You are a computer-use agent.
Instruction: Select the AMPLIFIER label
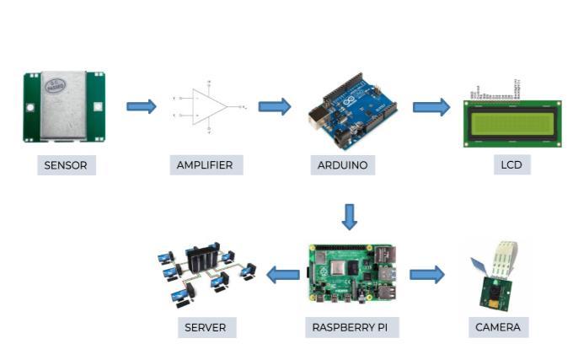(x=206, y=165)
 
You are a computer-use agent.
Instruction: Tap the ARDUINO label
(x=342, y=165)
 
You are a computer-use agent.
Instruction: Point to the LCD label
(x=511, y=165)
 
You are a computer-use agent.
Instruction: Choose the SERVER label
(x=206, y=326)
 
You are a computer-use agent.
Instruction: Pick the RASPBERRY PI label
(x=350, y=326)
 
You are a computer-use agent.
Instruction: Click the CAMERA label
(x=498, y=326)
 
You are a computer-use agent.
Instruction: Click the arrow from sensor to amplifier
(x=142, y=106)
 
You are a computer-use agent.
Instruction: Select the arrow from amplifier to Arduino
(x=274, y=106)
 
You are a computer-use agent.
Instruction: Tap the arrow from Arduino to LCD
(x=431, y=107)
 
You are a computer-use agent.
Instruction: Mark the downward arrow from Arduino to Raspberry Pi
(x=350, y=217)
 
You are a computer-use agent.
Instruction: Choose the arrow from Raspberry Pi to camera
(x=426, y=274)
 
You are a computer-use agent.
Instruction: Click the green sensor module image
(x=64, y=106)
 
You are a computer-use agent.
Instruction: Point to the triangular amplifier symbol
(x=208, y=107)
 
